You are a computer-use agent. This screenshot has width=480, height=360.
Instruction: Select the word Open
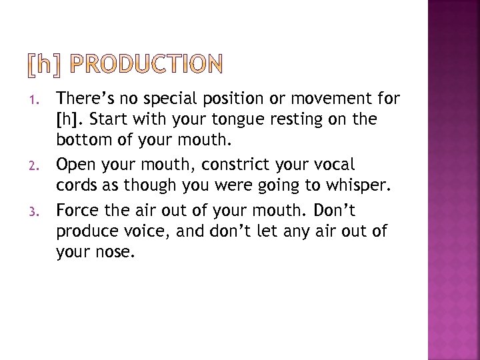coord(74,163)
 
